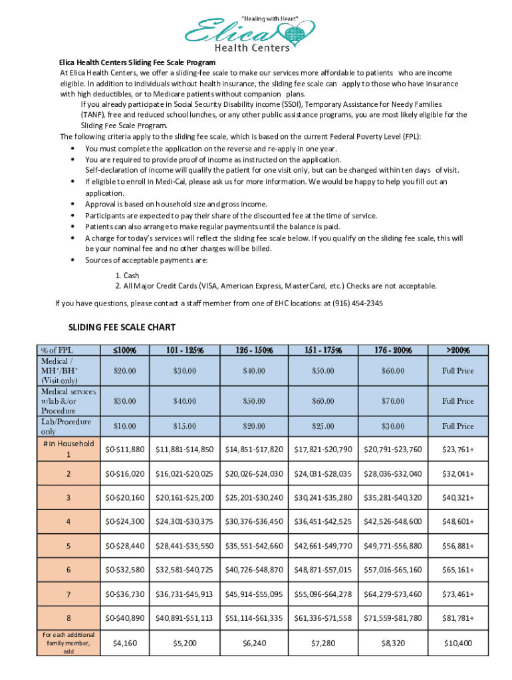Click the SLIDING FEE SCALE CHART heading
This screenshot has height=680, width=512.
pyautogui.click(x=122, y=327)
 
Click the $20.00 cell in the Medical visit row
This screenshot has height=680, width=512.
pyautogui.click(x=125, y=371)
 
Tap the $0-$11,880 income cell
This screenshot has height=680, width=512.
pyautogui.click(x=125, y=450)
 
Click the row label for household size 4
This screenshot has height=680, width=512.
pyautogui.click(x=67, y=522)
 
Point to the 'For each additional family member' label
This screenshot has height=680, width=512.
pyautogui.click(x=67, y=643)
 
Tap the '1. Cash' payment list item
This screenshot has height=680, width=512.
pyautogui.click(x=127, y=276)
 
